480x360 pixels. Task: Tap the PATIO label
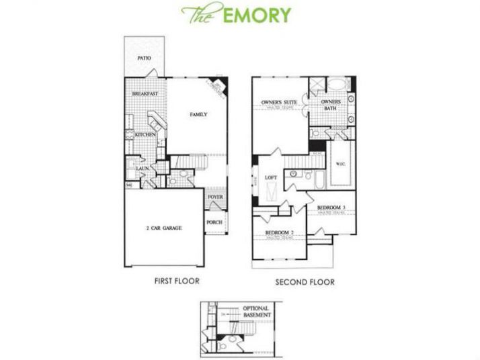tap(144, 58)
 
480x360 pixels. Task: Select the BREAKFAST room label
tap(145, 94)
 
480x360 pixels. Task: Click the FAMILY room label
tap(198, 115)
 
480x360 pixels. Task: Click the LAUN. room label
tap(143, 169)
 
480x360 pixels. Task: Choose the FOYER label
tap(215, 197)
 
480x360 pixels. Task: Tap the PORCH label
tap(214, 222)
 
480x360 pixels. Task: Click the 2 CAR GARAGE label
tap(164, 228)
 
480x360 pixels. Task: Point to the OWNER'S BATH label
tap(331, 106)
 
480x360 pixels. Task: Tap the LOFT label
tap(271, 177)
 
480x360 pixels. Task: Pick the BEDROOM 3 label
tap(331, 208)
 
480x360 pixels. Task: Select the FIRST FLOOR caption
tap(177, 281)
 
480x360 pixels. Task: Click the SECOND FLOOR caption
tap(305, 282)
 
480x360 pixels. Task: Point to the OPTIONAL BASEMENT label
tap(256, 312)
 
